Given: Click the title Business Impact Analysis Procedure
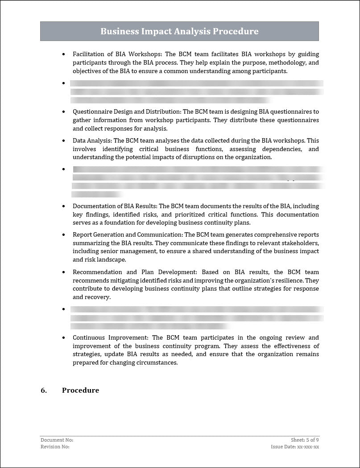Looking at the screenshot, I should coord(179,32).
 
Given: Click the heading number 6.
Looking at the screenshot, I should coord(44,390).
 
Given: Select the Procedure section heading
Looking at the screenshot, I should coord(80,390).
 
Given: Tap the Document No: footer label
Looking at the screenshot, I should coord(57,440).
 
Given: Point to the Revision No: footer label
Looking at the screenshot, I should coord(55,447).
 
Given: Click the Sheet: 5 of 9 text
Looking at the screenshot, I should coord(305,440).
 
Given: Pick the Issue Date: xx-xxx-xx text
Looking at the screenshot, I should coord(295,447).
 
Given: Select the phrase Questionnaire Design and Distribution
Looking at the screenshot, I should coord(126,112).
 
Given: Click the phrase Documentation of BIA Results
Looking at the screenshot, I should coord(115,206).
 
